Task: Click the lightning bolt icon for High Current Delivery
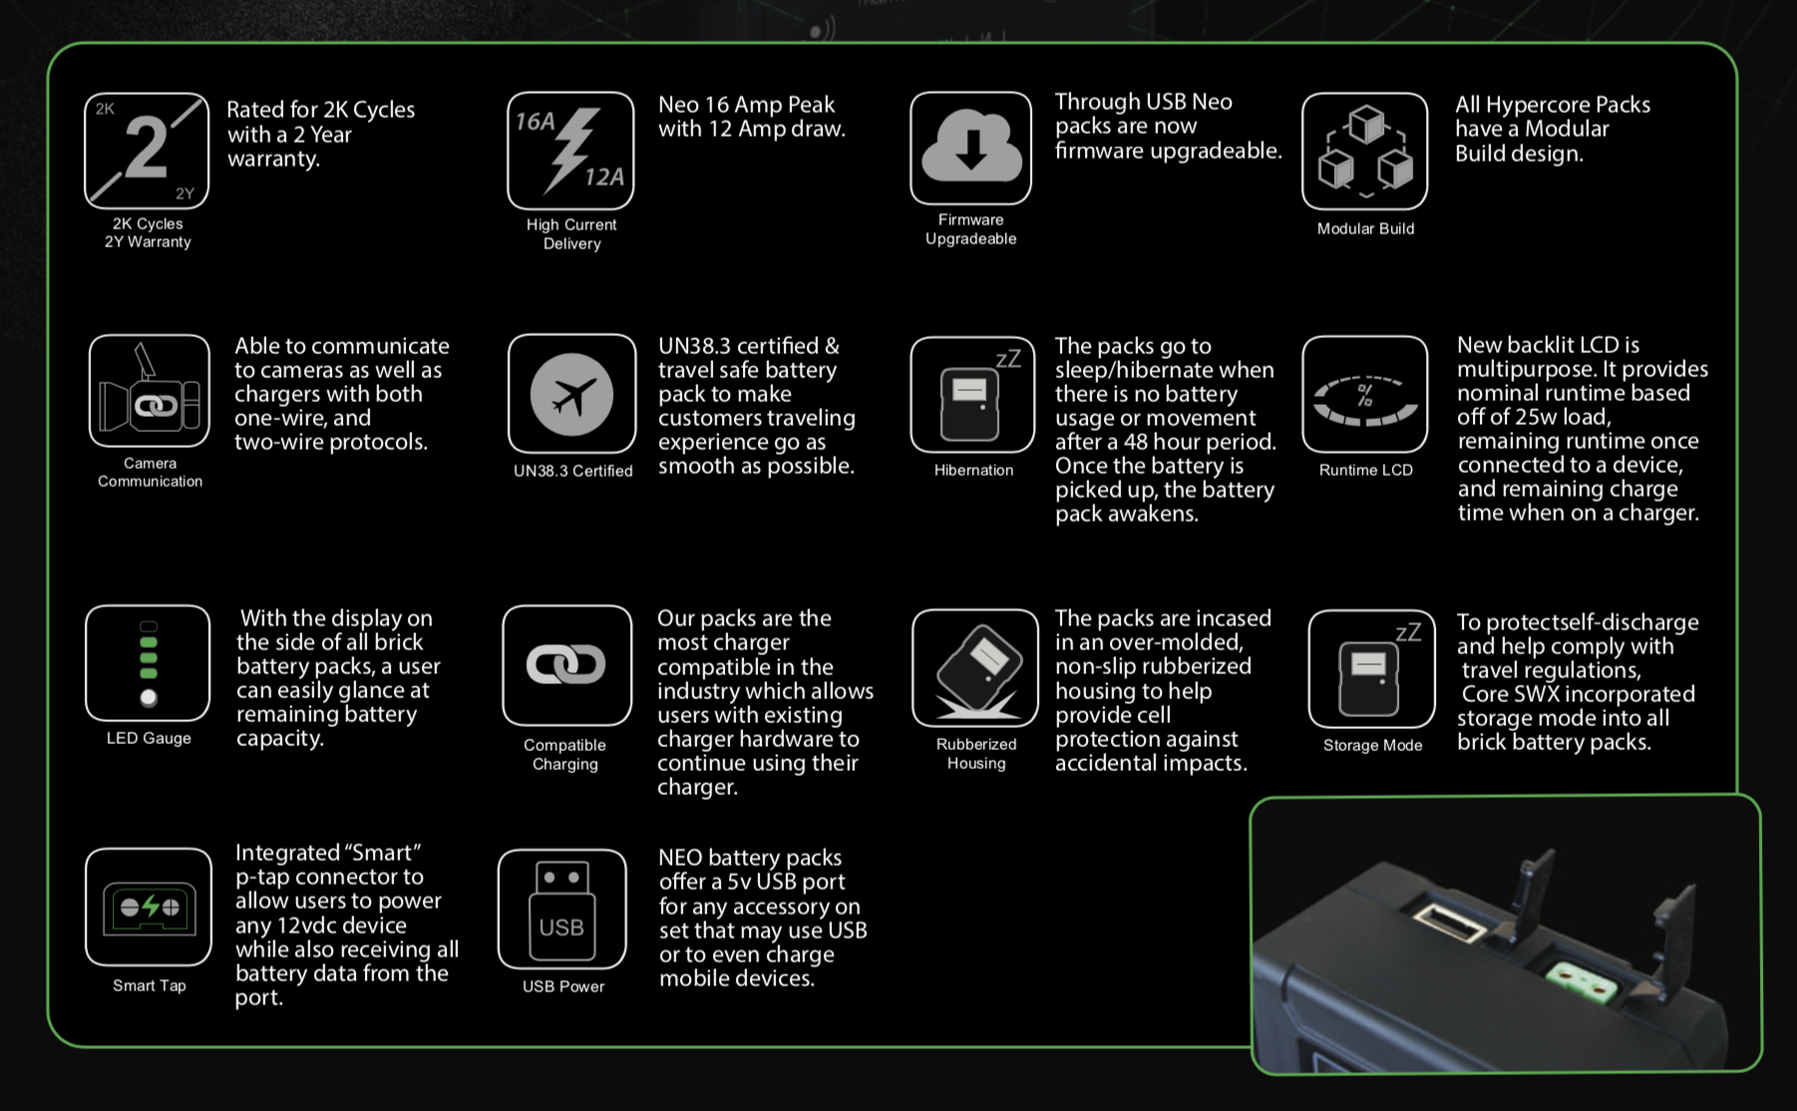(571, 150)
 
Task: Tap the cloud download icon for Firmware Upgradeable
(971, 148)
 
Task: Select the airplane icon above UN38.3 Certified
(571, 395)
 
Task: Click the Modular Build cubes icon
(1365, 150)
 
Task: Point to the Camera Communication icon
(150, 391)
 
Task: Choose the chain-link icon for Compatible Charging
(566, 665)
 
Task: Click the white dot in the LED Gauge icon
(149, 697)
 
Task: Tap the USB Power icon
(561, 909)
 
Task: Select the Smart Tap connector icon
(149, 908)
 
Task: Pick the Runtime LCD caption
(1366, 470)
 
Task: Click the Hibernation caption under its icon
(973, 470)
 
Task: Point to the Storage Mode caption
(1373, 745)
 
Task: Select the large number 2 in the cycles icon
(147, 148)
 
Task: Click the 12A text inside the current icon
(604, 178)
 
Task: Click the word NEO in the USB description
(681, 858)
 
